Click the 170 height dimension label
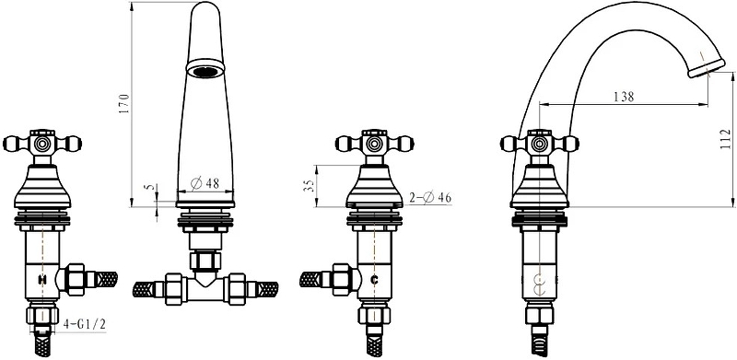tap(123, 104)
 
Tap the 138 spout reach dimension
tap(624, 97)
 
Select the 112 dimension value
tap(726, 140)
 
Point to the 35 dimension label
tap(310, 186)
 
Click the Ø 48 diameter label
tap(205, 183)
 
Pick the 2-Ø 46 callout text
tap(429, 198)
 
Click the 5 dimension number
tap(150, 187)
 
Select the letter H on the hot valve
tap(42, 280)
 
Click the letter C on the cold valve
tap(375, 280)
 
